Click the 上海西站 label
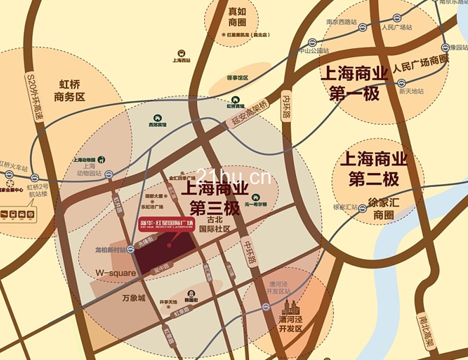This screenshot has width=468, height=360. pyautogui.click(x=181, y=60)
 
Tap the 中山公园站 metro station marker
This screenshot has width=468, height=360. pyautogui.click(x=312, y=42)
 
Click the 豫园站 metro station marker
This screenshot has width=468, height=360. pyautogui.click(x=445, y=47)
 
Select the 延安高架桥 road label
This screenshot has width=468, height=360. pyautogui.click(x=250, y=113)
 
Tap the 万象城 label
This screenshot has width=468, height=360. pyautogui.click(x=133, y=298)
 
